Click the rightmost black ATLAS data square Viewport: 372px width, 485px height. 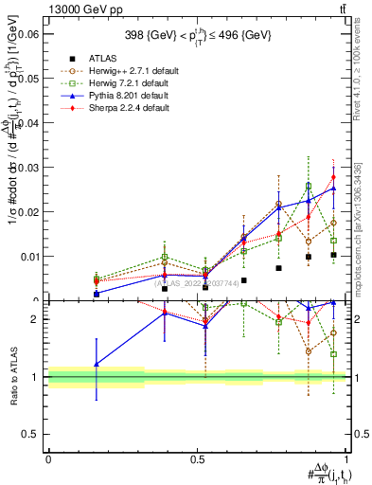(x=333, y=255)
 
